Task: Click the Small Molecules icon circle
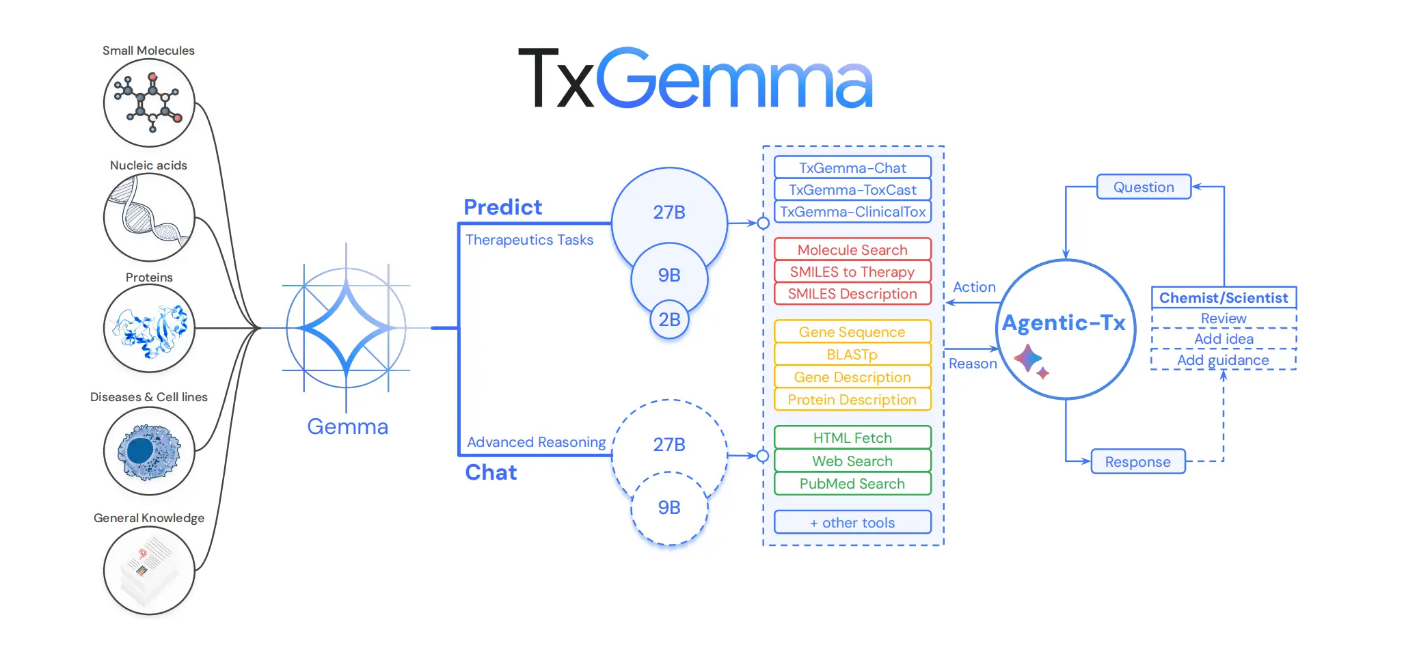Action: (x=149, y=103)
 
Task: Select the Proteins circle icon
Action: (x=149, y=328)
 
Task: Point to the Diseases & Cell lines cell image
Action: (x=149, y=451)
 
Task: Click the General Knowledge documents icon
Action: (x=149, y=571)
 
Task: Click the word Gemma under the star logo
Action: (x=347, y=426)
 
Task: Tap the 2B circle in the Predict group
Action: (x=669, y=319)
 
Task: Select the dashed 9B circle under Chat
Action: (x=669, y=508)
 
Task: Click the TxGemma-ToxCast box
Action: (x=852, y=190)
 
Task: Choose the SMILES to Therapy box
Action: (x=852, y=272)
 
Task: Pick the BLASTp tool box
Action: (x=852, y=355)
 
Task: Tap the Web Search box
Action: (x=852, y=461)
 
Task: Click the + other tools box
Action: (x=852, y=523)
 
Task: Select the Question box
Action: (x=1144, y=187)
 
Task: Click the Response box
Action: (x=1138, y=462)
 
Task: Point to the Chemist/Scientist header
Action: (x=1224, y=298)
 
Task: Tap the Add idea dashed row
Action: (x=1224, y=339)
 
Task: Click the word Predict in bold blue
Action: (x=502, y=207)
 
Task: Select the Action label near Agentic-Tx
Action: (x=974, y=287)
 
